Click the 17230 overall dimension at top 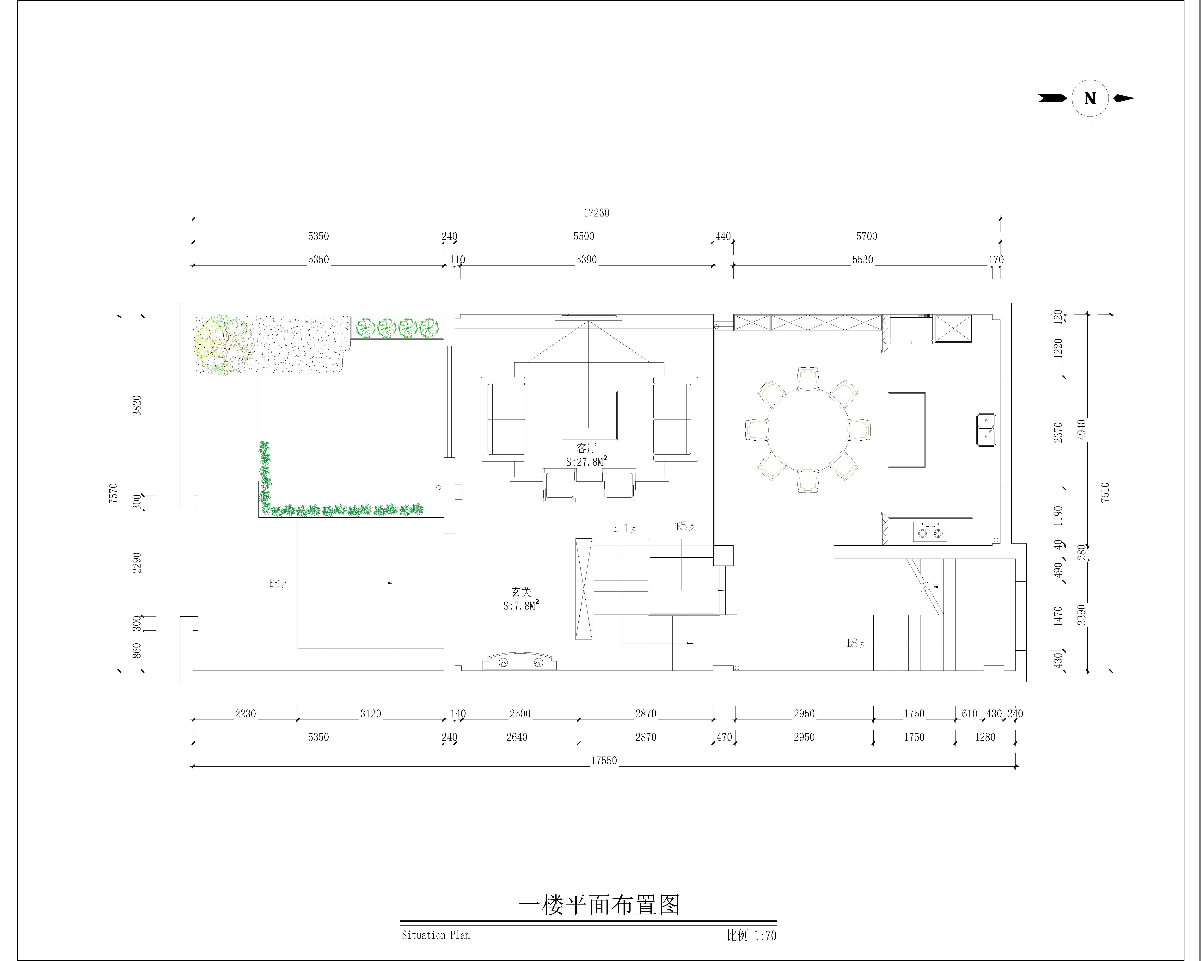[x=597, y=213]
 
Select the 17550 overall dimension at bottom [x=604, y=760]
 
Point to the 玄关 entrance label [x=521, y=592]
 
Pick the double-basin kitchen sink [x=986, y=430]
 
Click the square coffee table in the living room [x=589, y=416]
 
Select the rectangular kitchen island [x=906, y=430]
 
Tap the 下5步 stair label [x=684, y=526]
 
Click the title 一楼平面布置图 [x=599, y=905]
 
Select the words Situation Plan [x=436, y=935]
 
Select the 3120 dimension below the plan [x=370, y=714]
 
